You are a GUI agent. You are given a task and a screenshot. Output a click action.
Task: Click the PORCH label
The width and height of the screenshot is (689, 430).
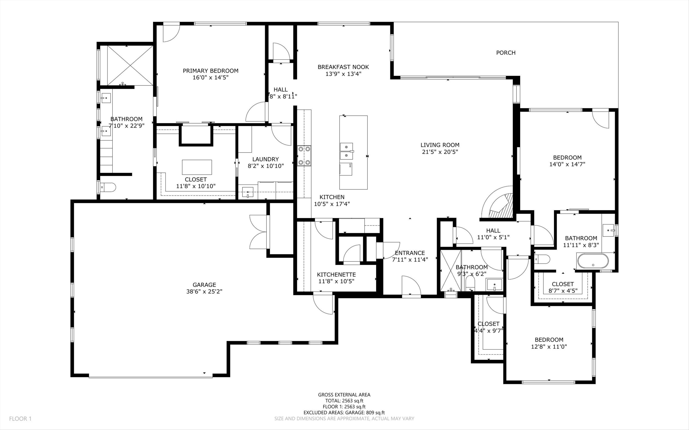(x=506, y=53)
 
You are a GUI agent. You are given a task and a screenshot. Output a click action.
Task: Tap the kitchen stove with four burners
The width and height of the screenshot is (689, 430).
(x=304, y=156)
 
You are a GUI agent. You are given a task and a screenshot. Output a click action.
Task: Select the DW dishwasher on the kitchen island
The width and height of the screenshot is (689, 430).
(x=346, y=169)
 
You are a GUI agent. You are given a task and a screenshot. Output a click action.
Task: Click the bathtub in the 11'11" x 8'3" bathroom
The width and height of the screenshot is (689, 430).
(x=593, y=261)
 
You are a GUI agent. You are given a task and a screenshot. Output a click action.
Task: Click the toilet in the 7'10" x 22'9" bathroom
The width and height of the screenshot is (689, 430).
(x=109, y=187)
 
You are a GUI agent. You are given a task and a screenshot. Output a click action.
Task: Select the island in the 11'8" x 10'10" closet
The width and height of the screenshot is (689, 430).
(x=197, y=167)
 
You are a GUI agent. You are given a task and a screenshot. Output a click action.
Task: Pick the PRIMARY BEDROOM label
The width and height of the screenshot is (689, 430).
(x=210, y=70)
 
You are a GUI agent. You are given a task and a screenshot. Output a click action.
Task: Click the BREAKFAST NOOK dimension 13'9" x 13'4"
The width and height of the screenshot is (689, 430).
(x=343, y=74)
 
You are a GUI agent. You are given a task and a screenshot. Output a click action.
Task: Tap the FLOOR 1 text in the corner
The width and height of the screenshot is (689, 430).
(x=20, y=419)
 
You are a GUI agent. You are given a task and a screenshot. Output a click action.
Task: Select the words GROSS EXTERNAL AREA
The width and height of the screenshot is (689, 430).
(x=344, y=394)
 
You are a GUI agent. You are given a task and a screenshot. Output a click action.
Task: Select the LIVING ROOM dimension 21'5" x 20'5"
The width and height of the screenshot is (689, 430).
(x=440, y=152)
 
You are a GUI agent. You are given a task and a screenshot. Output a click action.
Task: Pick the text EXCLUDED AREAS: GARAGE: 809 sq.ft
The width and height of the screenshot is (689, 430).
(x=344, y=413)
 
